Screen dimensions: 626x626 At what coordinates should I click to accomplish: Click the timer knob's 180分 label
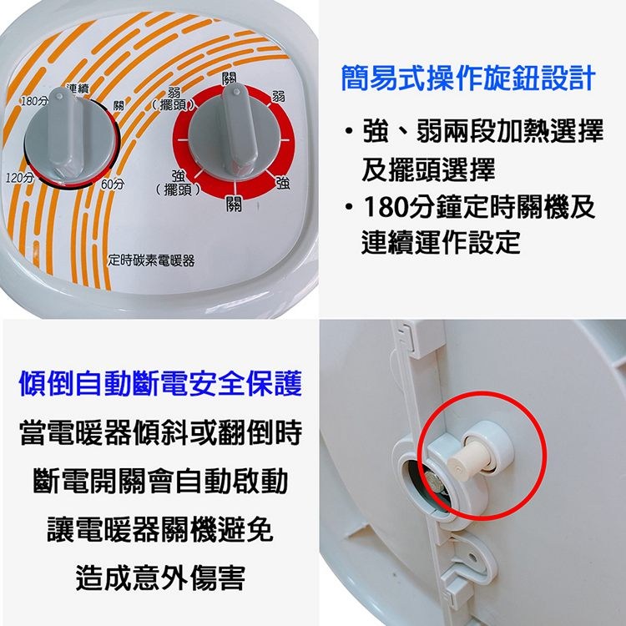(34, 101)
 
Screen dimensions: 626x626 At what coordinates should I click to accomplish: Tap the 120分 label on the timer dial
(19, 177)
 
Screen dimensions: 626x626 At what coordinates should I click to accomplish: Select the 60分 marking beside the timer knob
(113, 184)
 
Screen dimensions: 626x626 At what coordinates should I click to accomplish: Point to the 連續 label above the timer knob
(78, 89)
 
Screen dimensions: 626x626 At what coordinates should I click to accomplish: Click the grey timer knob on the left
(70, 139)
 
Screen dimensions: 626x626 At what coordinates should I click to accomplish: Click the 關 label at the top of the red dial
(230, 78)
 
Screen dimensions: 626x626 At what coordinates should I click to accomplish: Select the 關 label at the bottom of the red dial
(234, 204)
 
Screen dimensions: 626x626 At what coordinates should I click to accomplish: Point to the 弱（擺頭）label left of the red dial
(174, 98)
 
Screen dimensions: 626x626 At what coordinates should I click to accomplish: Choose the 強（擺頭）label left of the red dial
(178, 183)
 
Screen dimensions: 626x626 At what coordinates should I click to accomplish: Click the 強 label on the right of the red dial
(283, 183)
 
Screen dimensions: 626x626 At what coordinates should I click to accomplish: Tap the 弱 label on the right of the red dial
(278, 97)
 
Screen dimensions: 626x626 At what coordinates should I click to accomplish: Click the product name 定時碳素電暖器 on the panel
(151, 260)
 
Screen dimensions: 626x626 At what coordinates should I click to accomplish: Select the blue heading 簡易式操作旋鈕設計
(468, 78)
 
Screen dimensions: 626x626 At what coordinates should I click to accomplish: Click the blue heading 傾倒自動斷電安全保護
(160, 383)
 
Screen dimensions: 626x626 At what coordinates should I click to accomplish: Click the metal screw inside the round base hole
(432, 479)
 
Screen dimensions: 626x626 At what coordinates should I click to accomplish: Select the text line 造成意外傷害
(160, 578)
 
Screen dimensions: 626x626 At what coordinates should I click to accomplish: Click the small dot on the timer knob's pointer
(59, 96)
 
